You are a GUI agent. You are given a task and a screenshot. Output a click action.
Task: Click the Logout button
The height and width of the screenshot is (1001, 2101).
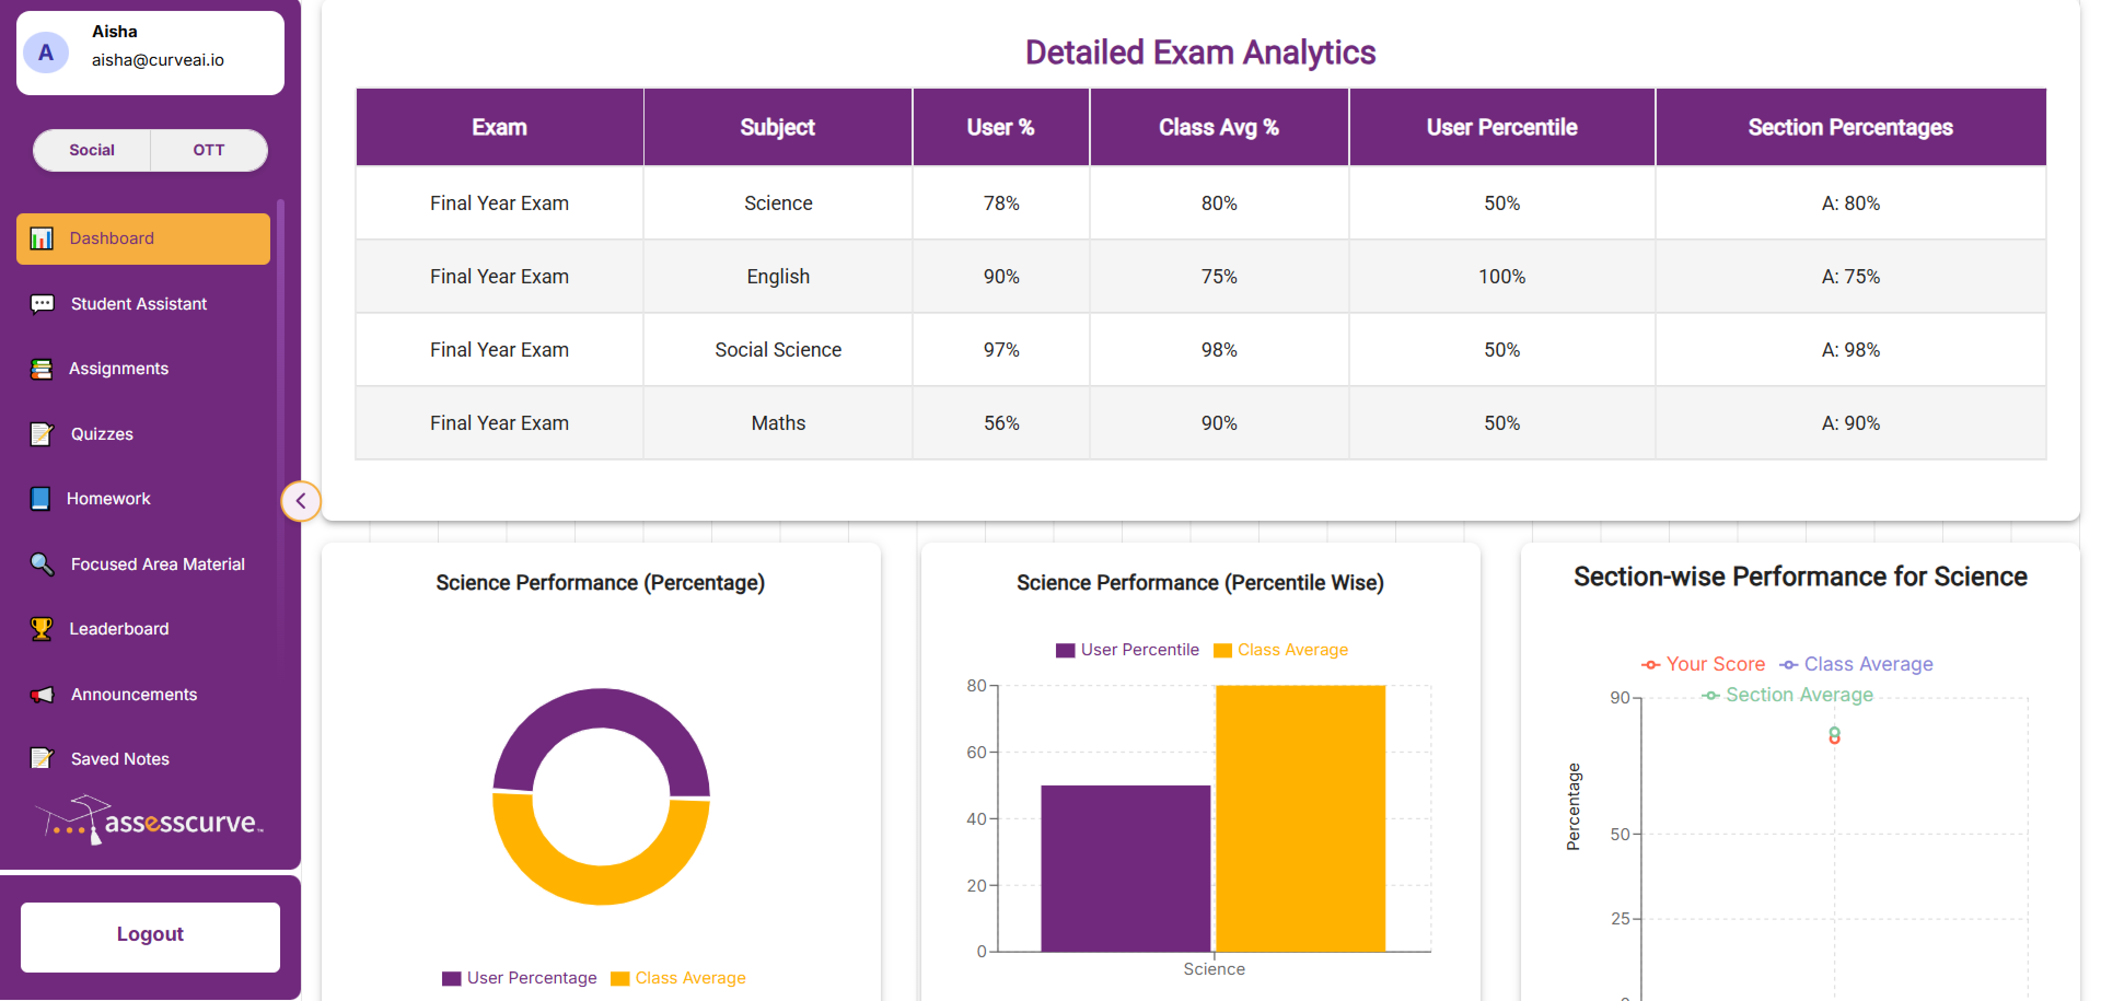[150, 935]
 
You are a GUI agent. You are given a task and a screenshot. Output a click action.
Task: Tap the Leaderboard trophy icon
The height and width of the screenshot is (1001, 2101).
[41, 628]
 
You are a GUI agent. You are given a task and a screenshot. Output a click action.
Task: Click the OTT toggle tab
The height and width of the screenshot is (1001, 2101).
[208, 150]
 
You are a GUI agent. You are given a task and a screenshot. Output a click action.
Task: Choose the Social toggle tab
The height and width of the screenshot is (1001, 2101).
[92, 150]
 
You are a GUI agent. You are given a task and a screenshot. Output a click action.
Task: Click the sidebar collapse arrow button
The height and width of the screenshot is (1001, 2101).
[300, 500]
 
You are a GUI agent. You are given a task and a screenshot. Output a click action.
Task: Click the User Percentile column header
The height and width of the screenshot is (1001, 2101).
[1501, 127]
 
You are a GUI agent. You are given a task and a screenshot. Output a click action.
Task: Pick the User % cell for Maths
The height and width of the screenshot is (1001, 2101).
[1001, 423]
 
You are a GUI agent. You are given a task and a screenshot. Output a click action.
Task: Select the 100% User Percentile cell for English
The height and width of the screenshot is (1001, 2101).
[1501, 276]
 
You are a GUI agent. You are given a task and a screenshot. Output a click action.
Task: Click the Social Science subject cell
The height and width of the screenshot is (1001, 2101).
[777, 350]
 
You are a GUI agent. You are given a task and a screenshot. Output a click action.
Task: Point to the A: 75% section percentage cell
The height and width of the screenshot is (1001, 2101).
[1850, 276]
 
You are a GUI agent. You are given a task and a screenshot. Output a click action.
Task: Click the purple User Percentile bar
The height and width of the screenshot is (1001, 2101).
[1125, 868]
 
